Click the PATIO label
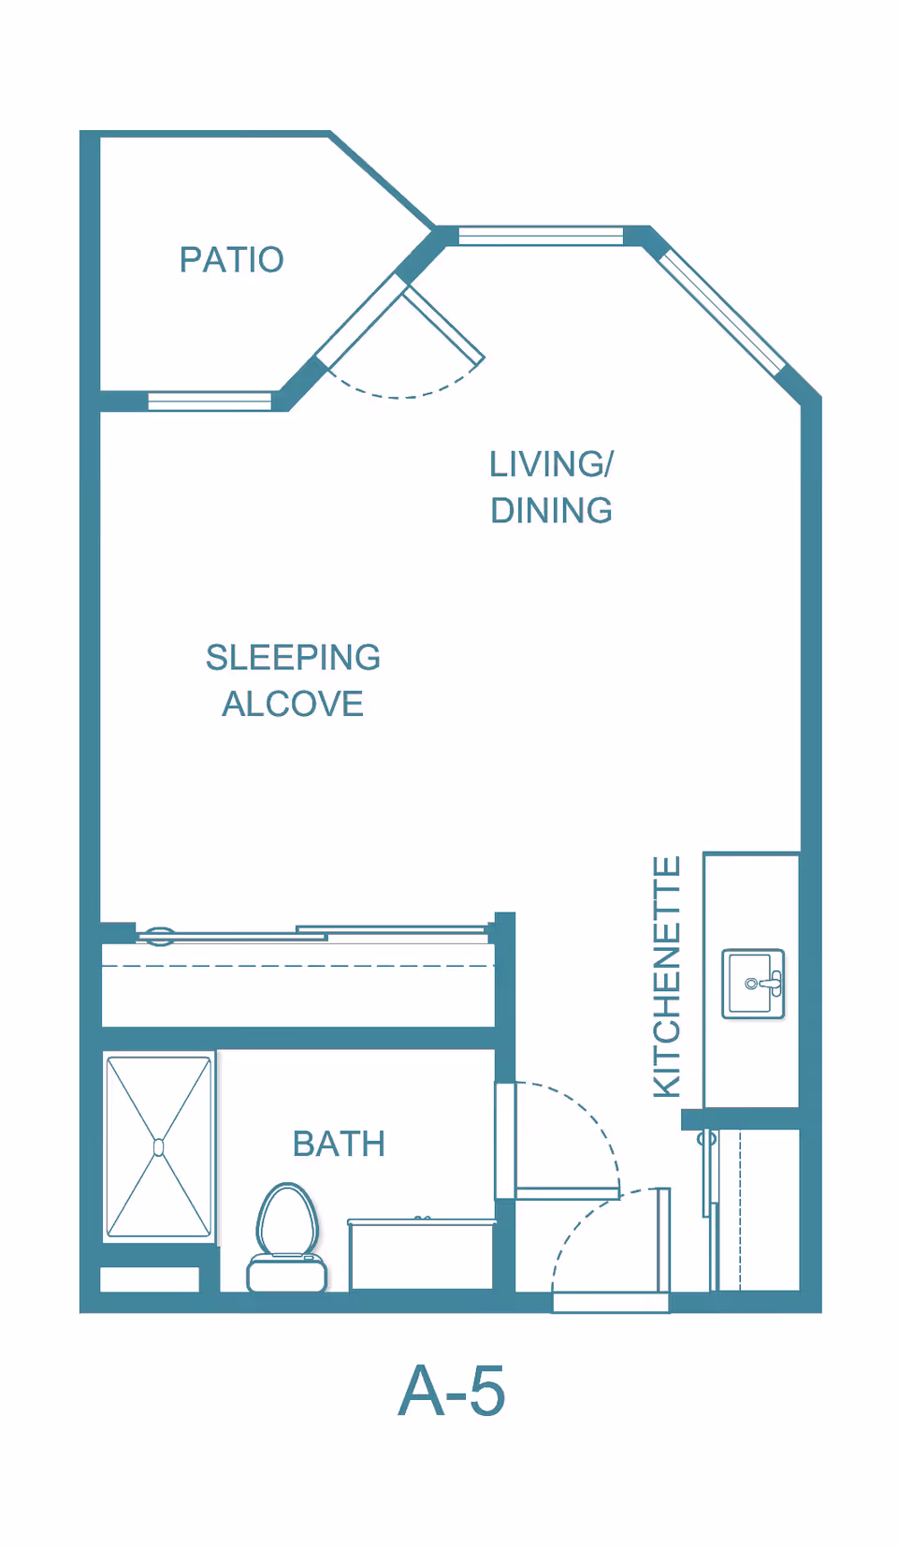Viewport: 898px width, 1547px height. pos(232,259)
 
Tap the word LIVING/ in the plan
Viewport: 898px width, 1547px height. pos(552,464)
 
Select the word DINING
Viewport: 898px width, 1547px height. pos(552,511)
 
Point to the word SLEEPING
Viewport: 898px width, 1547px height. pos(294,658)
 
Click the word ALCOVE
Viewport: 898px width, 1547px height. pos(293,705)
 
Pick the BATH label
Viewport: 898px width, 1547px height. pos(339,1144)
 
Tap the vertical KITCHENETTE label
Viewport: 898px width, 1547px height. pos(667,976)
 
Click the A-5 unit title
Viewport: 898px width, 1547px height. pos(452,1391)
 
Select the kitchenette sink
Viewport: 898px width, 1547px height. pos(753,984)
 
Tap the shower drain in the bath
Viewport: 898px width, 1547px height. pos(159,1147)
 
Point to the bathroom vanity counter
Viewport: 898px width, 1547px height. pos(421,1253)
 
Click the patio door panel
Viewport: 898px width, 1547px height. pos(443,326)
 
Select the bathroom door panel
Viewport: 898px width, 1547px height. pos(568,1192)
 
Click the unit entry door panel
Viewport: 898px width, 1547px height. pos(663,1239)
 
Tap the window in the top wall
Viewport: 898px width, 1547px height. pos(541,236)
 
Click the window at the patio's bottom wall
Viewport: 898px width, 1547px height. pos(210,401)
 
